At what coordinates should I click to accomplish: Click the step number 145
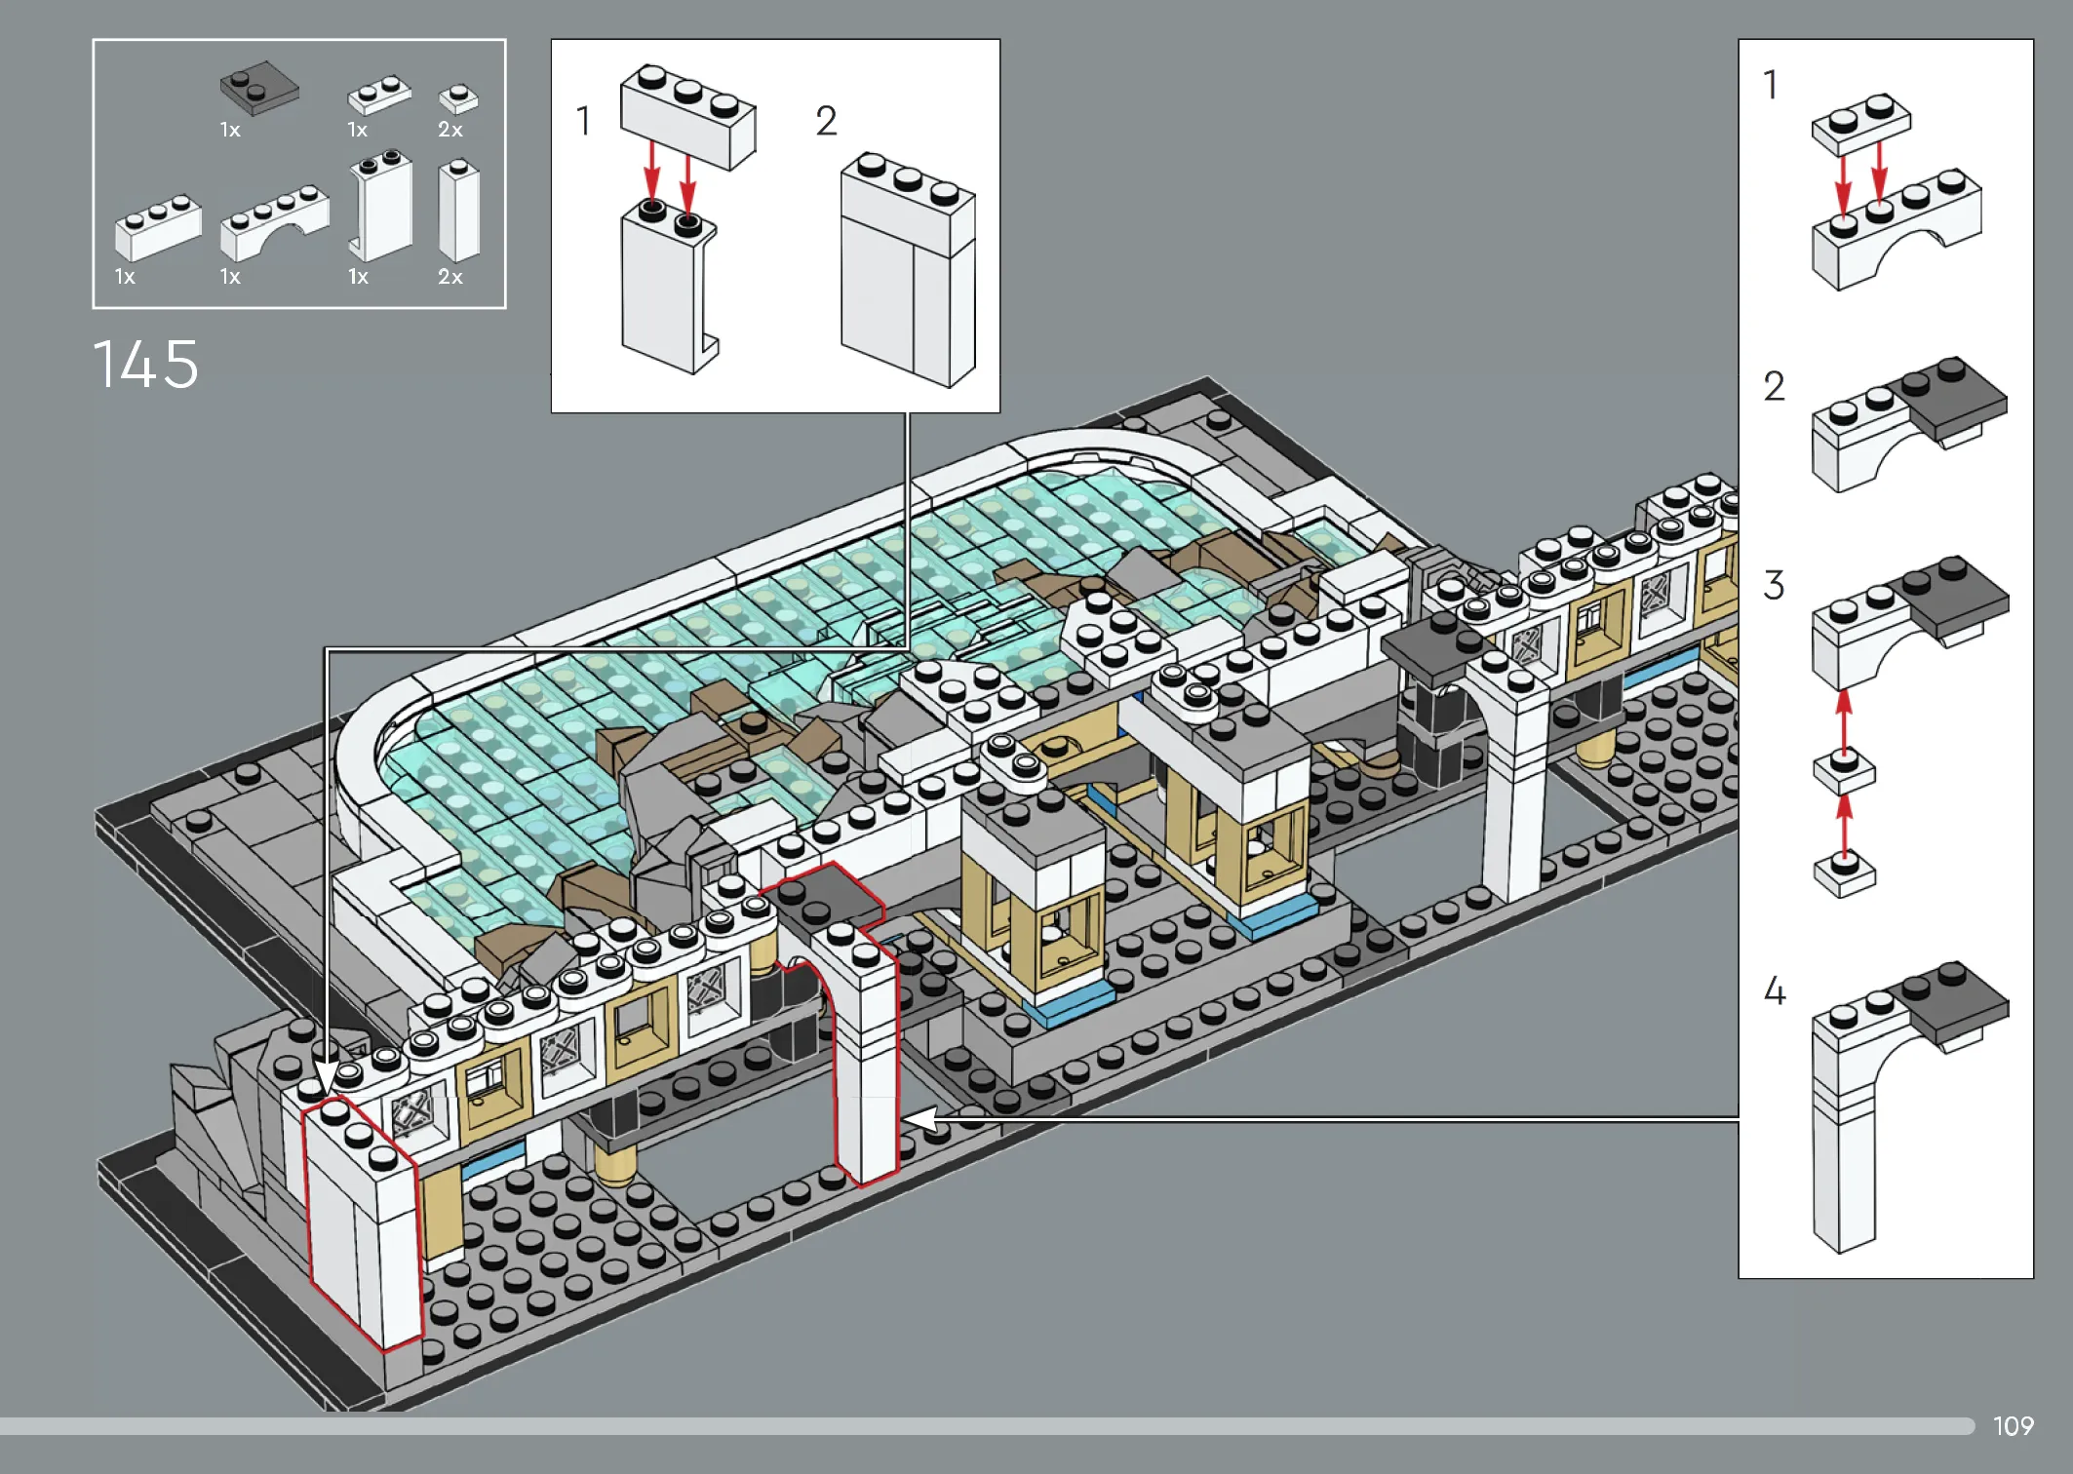145,365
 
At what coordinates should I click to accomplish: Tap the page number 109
2013,1426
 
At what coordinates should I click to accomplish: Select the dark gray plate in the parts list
259,88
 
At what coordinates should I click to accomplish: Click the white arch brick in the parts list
275,222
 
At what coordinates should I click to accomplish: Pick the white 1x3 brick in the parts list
158,227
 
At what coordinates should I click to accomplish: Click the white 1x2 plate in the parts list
379,94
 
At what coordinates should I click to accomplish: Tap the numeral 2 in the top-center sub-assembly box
826,122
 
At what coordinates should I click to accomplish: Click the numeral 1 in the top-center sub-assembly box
583,122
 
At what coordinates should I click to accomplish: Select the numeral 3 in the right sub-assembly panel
1774,585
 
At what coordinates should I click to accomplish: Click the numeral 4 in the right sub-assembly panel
1775,990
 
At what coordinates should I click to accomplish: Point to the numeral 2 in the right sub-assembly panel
1774,386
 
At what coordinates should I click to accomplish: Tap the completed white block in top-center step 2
908,269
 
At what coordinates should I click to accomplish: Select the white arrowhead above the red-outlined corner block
326,1076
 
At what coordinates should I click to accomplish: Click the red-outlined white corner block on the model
361,1223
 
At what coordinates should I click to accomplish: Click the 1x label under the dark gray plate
230,130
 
